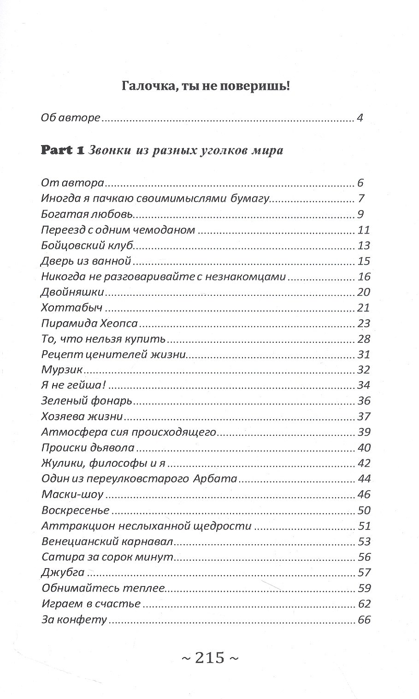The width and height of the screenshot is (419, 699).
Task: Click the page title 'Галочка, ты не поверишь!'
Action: tap(205, 86)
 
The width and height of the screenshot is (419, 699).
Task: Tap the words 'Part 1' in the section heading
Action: tap(61, 151)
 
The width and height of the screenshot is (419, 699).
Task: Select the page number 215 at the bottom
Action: tap(209, 658)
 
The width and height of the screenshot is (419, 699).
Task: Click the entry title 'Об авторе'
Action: tap(70, 118)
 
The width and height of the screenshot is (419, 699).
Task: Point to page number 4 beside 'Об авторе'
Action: tap(360, 118)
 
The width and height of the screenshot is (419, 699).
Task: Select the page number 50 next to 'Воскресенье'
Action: tap(364, 511)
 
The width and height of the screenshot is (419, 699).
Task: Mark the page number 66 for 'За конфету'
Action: tap(364, 620)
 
